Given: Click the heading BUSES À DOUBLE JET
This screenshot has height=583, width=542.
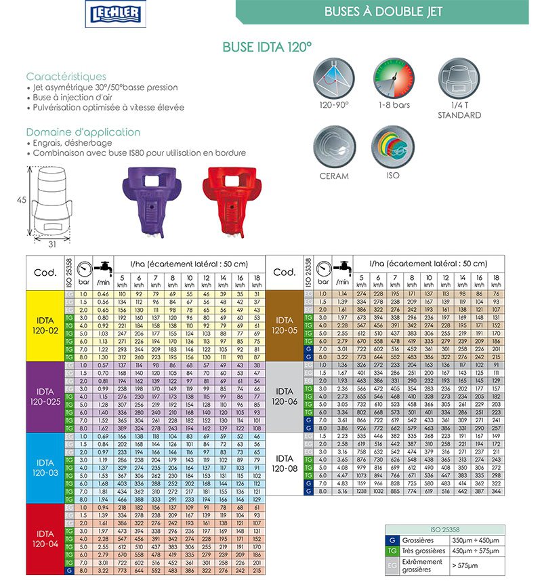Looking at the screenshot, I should click(x=383, y=12).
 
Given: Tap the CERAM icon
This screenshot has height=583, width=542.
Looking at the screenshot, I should click(x=334, y=146).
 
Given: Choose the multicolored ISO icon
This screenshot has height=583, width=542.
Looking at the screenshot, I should click(x=393, y=146).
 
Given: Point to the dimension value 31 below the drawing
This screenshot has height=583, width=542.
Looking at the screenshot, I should click(x=51, y=244).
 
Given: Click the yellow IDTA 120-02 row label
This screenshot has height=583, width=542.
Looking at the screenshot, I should click(x=45, y=325).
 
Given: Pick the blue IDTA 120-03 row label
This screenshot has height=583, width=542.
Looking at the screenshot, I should click(x=45, y=466).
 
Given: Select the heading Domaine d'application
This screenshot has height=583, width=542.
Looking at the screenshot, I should click(x=83, y=132).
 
